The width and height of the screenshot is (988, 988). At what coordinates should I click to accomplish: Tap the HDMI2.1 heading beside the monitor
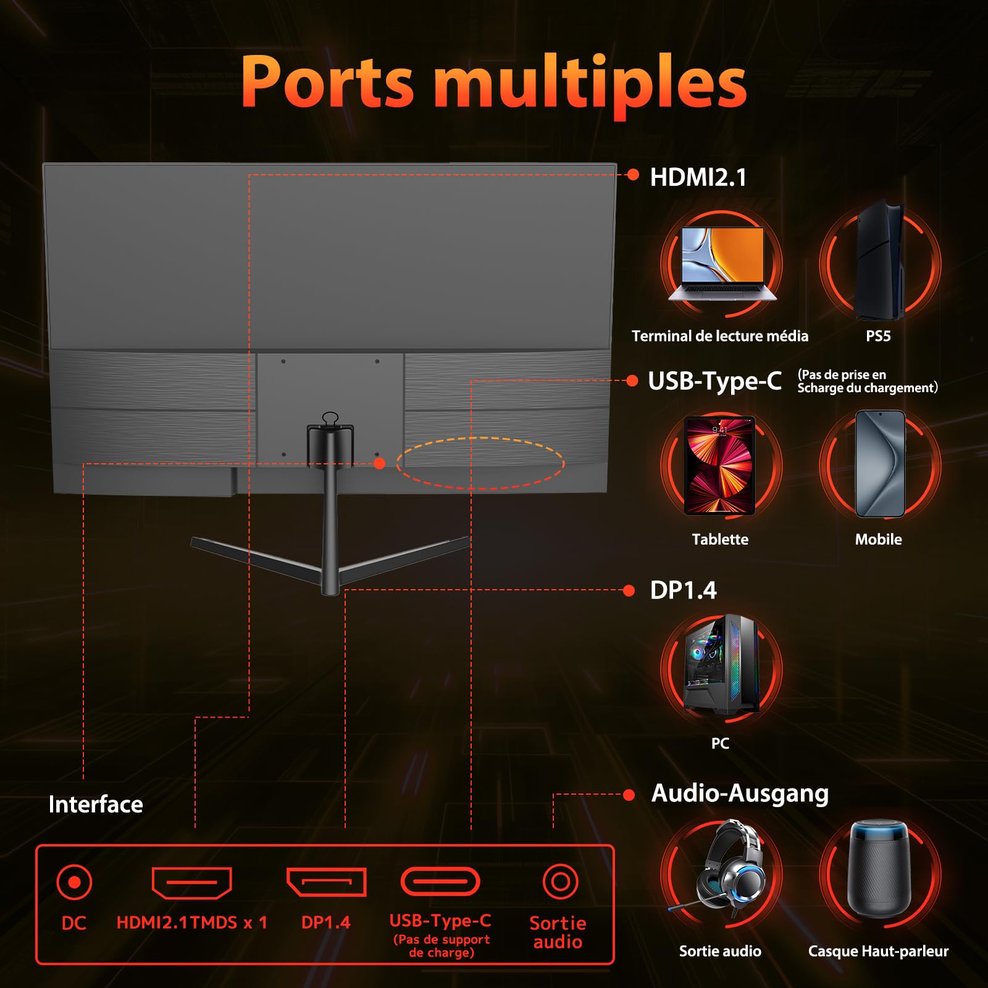pyautogui.click(x=698, y=177)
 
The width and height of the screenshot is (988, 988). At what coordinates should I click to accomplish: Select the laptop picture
pyautogui.click(x=722, y=264)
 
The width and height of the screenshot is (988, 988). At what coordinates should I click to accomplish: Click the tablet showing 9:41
pyautogui.click(x=720, y=466)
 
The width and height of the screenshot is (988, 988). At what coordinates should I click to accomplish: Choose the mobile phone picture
pyautogui.click(x=880, y=464)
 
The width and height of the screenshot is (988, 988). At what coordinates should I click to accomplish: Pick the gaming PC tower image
pyautogui.click(x=721, y=664)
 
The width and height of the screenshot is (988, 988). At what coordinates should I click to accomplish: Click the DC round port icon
pyautogui.click(x=74, y=882)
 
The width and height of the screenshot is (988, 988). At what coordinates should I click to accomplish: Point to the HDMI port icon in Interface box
pyautogui.click(x=192, y=882)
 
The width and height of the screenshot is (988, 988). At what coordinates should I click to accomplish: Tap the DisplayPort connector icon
pyautogui.click(x=326, y=882)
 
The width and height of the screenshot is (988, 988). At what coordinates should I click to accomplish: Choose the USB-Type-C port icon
pyautogui.click(x=440, y=882)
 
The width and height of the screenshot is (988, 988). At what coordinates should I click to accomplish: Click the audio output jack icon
pyautogui.click(x=560, y=882)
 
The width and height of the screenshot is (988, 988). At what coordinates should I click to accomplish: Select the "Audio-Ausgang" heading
pyautogui.click(x=740, y=793)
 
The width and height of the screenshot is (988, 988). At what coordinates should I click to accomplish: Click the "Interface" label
pyautogui.click(x=96, y=805)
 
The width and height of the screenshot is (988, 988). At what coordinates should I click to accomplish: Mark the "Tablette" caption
pyautogui.click(x=720, y=540)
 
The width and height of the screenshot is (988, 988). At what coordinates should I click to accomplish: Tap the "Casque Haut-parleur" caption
pyautogui.click(x=878, y=951)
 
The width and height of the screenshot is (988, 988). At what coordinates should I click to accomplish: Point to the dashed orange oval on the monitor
pyautogui.click(x=480, y=463)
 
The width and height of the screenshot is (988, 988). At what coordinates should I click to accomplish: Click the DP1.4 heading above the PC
pyautogui.click(x=683, y=590)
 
